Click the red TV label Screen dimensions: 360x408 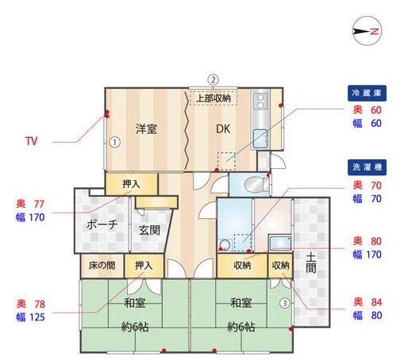point(32,142)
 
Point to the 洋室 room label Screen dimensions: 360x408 point(145,129)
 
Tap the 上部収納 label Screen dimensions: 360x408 point(214,99)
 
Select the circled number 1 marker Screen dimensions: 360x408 point(114,144)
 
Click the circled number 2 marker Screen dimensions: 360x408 point(213,79)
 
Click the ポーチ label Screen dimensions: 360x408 point(101,224)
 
